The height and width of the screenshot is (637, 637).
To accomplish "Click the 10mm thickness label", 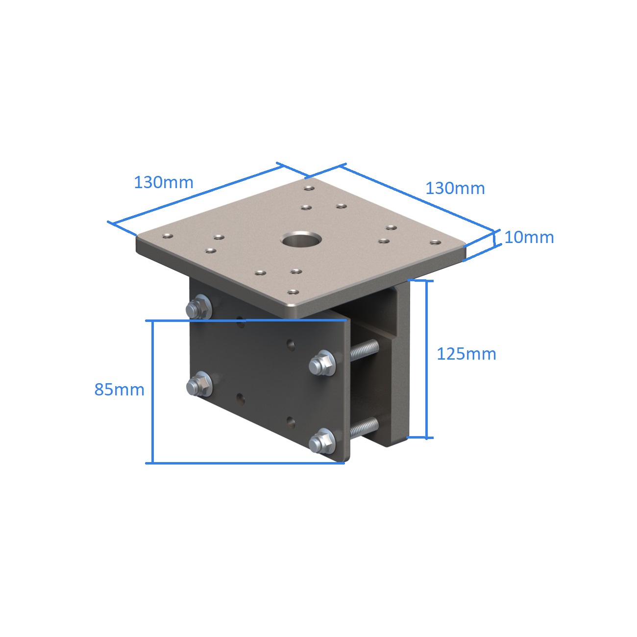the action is click(x=529, y=237).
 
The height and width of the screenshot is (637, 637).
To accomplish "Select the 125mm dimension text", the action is click(x=466, y=354).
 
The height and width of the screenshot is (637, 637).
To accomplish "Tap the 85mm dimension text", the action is click(x=120, y=390).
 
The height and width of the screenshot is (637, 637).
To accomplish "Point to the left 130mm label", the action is click(x=164, y=182).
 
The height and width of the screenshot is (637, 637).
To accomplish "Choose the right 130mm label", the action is click(x=455, y=189).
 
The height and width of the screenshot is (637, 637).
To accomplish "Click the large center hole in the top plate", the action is click(x=301, y=239).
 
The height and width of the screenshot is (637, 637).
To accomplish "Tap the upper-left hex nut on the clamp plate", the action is click(x=199, y=307).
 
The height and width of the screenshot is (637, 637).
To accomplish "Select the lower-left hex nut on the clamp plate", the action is click(x=199, y=384).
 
